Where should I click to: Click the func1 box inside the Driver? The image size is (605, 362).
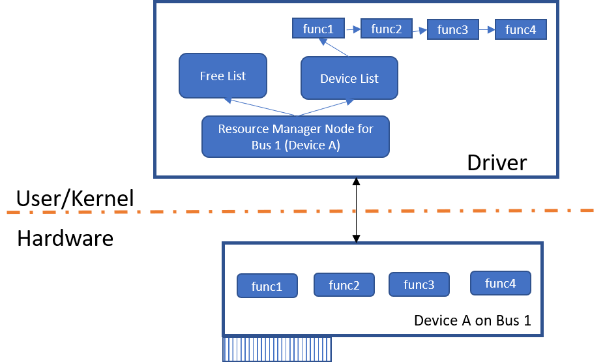[x=318, y=29]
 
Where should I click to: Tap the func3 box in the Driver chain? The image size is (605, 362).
[x=453, y=30]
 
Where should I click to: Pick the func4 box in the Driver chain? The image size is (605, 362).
[x=521, y=30]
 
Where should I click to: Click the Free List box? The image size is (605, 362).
[x=223, y=76]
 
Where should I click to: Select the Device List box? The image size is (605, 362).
[x=349, y=78]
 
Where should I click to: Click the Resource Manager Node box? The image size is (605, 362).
[x=295, y=137]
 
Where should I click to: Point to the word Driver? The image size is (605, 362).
[x=497, y=162]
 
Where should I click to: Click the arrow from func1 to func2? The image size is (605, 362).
[x=353, y=29]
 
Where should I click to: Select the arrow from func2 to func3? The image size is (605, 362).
[x=420, y=29]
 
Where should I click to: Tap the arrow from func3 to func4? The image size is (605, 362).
[x=487, y=29]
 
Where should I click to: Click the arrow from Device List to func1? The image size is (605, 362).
[x=332, y=48]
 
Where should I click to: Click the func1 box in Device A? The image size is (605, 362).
[x=267, y=286]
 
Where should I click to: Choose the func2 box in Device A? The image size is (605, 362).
[x=344, y=285]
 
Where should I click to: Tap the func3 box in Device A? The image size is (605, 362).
[x=419, y=284]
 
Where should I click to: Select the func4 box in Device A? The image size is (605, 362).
[x=501, y=283]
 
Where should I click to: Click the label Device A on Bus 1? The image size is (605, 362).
[x=473, y=322]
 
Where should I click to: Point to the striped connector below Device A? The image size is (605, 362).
[x=277, y=350]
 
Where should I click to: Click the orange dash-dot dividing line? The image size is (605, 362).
[x=300, y=211]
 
